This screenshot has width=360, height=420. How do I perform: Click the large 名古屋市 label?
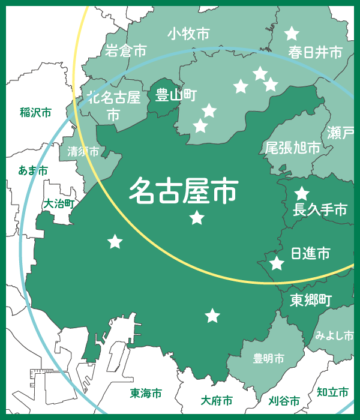coord(183,191)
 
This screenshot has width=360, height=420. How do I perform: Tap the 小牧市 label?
coord(188,34)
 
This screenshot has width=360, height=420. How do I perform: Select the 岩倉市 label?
coord(125,52)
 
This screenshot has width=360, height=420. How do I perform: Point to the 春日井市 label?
coord(315,53)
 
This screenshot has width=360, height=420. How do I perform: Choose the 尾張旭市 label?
coord(292,148)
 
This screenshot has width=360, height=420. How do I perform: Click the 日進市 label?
coord(310,253)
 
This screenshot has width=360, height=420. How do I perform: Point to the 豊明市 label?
coord(268,358)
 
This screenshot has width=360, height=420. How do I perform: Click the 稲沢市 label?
coord(35,112)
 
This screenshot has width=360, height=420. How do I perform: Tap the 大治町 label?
coord(58,204)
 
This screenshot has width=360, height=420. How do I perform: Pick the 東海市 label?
coord(146,394)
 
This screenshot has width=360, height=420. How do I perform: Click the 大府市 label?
coord(217,400)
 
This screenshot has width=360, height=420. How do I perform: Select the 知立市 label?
coord(332,392)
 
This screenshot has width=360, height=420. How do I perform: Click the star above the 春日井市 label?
coord(292,34)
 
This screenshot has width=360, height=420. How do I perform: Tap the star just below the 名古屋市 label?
coord(197,218)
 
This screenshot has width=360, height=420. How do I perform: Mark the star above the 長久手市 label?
coord(301,194)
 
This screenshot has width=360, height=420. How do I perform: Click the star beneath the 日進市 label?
coord(277,263)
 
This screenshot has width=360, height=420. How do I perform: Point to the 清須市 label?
coord(83,151)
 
